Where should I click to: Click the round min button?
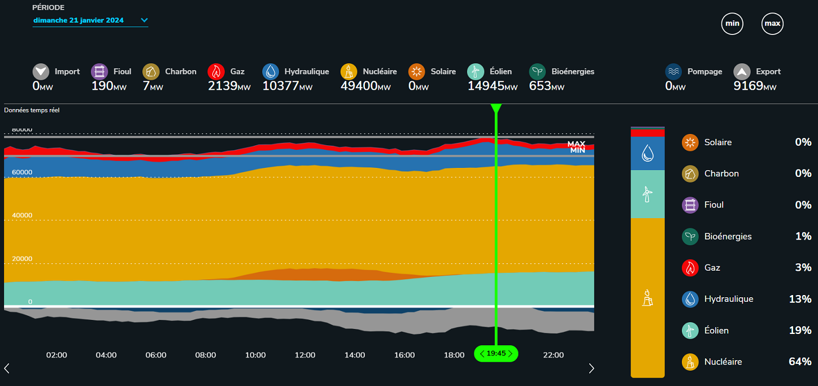(732, 24)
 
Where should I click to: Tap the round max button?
(772, 24)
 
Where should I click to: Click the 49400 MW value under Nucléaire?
(366, 86)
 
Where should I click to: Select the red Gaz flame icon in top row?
(216, 72)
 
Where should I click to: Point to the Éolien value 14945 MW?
(492, 86)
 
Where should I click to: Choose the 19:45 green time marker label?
(496, 354)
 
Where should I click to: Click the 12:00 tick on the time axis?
(305, 355)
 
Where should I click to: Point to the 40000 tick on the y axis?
(23, 215)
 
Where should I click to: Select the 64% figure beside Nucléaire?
(799, 362)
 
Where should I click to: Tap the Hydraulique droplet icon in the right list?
(690, 299)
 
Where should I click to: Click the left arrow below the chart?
(7, 368)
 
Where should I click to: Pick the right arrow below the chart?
(591, 368)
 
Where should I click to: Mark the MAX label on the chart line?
(576, 144)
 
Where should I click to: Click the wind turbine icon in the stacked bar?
(647, 195)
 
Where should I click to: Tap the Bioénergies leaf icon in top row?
(537, 72)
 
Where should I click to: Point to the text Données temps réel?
(32, 110)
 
